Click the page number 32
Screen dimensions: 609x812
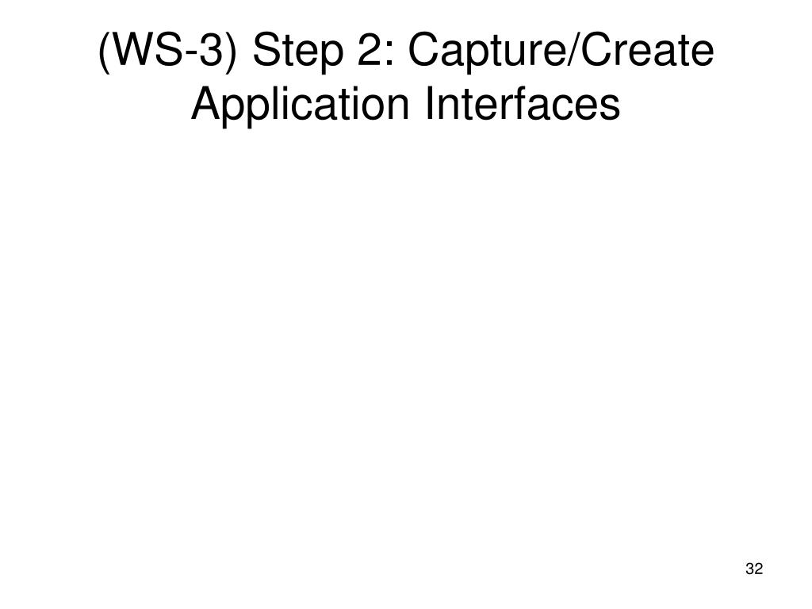(754, 569)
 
